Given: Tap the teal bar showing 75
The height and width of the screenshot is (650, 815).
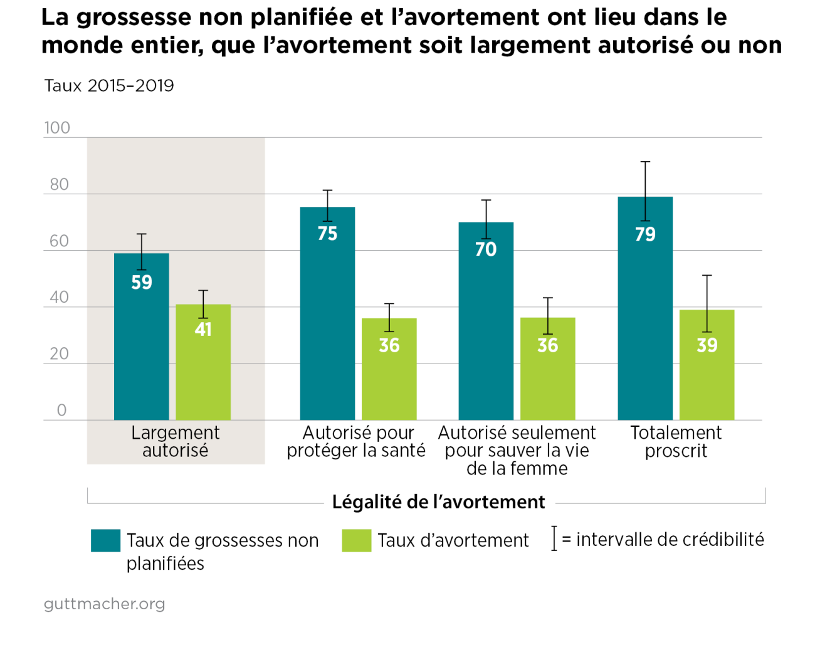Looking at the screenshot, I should click(327, 313).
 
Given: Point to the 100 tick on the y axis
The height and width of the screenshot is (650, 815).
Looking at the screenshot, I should click(57, 128).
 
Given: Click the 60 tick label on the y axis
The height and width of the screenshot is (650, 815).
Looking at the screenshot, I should click(59, 241).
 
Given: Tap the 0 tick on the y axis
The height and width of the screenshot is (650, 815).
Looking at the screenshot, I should click(61, 411).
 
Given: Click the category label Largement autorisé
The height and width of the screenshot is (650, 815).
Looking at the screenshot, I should click(176, 442).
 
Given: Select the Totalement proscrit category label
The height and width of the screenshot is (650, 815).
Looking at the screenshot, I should click(676, 442).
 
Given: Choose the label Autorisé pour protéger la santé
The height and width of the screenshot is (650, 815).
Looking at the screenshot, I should click(356, 442).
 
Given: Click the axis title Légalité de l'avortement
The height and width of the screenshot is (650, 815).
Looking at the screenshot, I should click(438, 502).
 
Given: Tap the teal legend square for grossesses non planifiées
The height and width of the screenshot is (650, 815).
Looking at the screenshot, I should click(105, 540).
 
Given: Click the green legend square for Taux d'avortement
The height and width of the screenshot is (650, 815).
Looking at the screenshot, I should click(356, 540).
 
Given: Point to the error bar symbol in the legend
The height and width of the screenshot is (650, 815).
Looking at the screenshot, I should click(554, 539).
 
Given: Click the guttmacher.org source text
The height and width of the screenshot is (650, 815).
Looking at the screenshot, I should click(104, 604).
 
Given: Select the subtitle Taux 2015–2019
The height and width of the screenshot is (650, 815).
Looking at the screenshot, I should click(109, 86).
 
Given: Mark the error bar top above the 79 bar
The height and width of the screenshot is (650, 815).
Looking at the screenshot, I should click(645, 162).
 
